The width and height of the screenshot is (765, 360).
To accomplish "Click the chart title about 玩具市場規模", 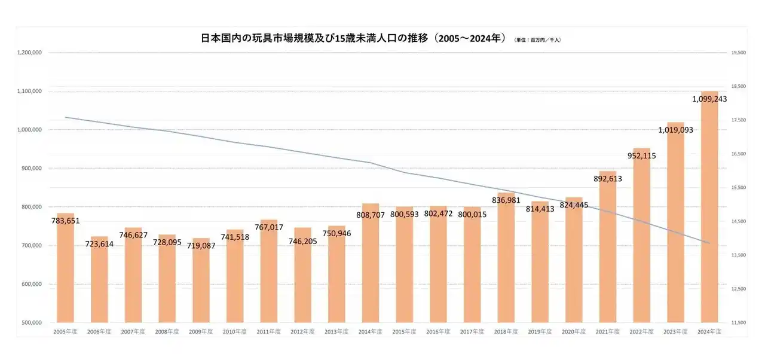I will click(354, 38).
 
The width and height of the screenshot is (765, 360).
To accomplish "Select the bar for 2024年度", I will click(709, 209).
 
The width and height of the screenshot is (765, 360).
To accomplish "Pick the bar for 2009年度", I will click(201, 280).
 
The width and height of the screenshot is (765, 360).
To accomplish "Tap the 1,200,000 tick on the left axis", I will click(29, 53).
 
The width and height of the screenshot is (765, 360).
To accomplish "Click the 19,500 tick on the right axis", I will click(739, 53).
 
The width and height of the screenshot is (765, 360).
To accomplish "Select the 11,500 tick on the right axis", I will click(739, 322).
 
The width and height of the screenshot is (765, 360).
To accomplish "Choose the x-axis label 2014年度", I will click(370, 331).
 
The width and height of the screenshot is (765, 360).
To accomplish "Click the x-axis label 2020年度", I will click(574, 331).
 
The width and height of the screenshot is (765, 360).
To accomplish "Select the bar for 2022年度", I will click(642, 236).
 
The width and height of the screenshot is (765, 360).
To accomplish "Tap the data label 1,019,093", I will click(675, 129).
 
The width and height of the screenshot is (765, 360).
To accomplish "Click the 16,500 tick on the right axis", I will click(739, 154).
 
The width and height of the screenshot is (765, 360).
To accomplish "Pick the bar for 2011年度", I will click(268, 271).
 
